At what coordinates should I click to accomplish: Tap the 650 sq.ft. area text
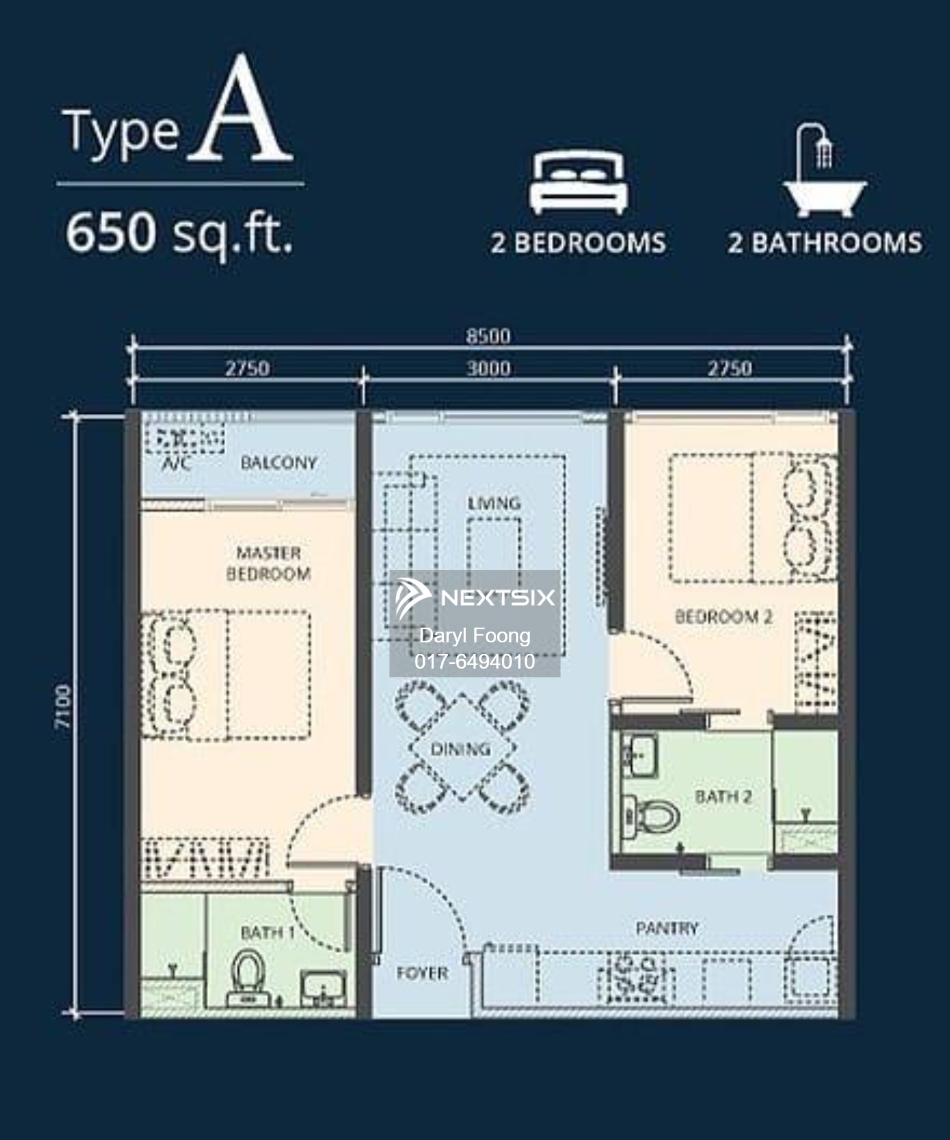click(x=179, y=233)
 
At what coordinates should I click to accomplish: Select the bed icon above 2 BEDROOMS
click(x=578, y=182)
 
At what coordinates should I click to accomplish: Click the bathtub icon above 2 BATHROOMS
click(x=825, y=171)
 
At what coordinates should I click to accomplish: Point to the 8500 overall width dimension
click(x=488, y=336)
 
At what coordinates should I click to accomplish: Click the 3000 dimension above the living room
click(x=489, y=368)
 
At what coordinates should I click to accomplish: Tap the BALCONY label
click(x=279, y=462)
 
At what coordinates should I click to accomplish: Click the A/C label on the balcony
click(x=176, y=463)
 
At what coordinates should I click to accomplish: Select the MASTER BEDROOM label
click(x=269, y=563)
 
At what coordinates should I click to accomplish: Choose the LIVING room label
click(x=494, y=503)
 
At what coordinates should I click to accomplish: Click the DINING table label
click(x=460, y=749)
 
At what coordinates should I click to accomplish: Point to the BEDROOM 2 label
click(x=724, y=616)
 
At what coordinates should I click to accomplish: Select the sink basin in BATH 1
click(x=323, y=991)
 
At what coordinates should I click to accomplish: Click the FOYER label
click(x=423, y=973)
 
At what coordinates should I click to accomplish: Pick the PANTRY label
click(x=667, y=929)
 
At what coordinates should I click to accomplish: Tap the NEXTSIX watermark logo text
click(x=498, y=597)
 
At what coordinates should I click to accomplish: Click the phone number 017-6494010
click(x=475, y=661)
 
